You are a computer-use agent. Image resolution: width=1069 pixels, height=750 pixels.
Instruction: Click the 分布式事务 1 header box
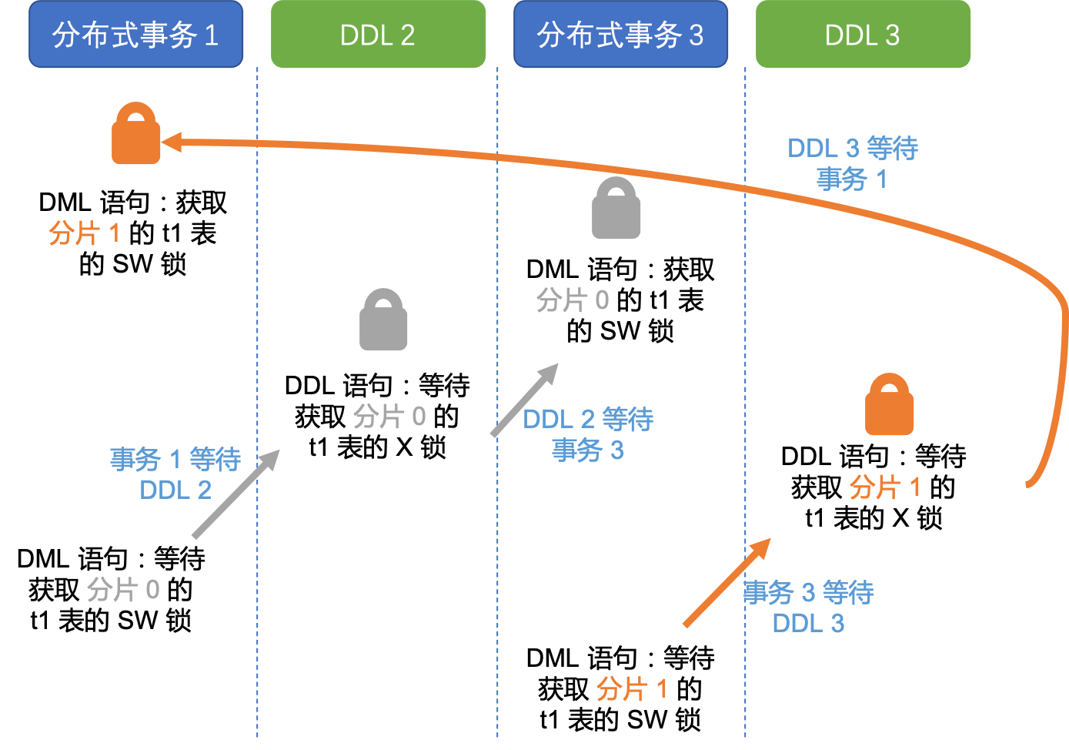click(135, 35)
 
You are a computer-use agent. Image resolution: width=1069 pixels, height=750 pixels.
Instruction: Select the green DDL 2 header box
click(378, 35)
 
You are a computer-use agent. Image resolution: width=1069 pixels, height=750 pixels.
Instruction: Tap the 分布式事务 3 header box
click(620, 35)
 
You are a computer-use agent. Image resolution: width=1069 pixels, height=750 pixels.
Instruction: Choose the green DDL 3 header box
click(863, 35)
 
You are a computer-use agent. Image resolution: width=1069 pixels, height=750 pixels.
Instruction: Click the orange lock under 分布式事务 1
click(136, 135)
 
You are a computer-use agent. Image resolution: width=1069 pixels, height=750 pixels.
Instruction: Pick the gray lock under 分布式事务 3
click(616, 209)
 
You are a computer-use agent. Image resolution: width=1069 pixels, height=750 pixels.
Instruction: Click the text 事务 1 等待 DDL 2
click(175, 474)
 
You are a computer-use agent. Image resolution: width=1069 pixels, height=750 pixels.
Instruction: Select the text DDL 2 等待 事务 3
click(588, 434)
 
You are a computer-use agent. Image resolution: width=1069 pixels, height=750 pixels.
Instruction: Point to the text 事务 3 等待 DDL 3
click(808, 608)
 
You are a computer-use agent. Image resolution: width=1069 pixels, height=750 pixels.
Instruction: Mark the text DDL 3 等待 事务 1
click(853, 163)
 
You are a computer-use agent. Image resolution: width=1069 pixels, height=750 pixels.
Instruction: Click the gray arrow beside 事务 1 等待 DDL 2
click(235, 494)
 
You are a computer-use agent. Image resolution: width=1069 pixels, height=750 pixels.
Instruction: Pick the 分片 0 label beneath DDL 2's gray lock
click(389, 417)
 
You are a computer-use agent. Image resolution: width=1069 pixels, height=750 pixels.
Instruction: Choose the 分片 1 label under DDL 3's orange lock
click(885, 487)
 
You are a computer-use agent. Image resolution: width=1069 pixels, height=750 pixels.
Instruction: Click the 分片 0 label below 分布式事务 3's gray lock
click(573, 300)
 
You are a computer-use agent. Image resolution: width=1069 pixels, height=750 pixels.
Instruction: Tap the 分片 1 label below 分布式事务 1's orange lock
click(85, 233)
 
